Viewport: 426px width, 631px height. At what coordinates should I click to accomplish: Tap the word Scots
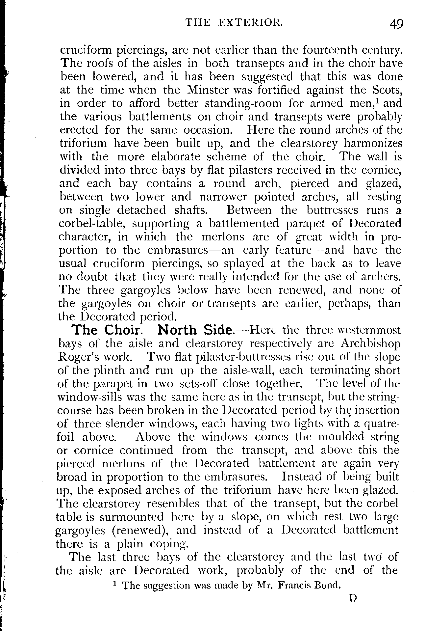coord(386,90)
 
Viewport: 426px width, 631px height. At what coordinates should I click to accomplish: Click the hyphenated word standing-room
coord(243,103)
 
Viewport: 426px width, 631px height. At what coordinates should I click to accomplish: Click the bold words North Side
coord(195,330)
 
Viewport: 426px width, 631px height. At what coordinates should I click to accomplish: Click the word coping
coord(168,544)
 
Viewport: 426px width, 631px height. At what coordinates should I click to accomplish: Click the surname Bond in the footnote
coord(326,585)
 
